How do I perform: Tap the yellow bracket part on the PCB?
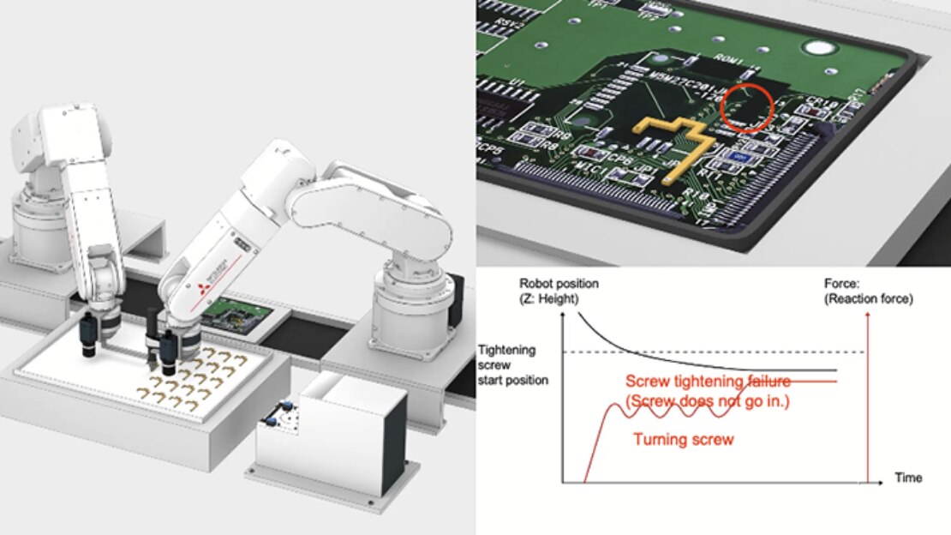(678, 141)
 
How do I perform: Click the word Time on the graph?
(908, 478)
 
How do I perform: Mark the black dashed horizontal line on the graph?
(711, 352)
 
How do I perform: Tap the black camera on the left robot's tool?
(89, 335)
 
